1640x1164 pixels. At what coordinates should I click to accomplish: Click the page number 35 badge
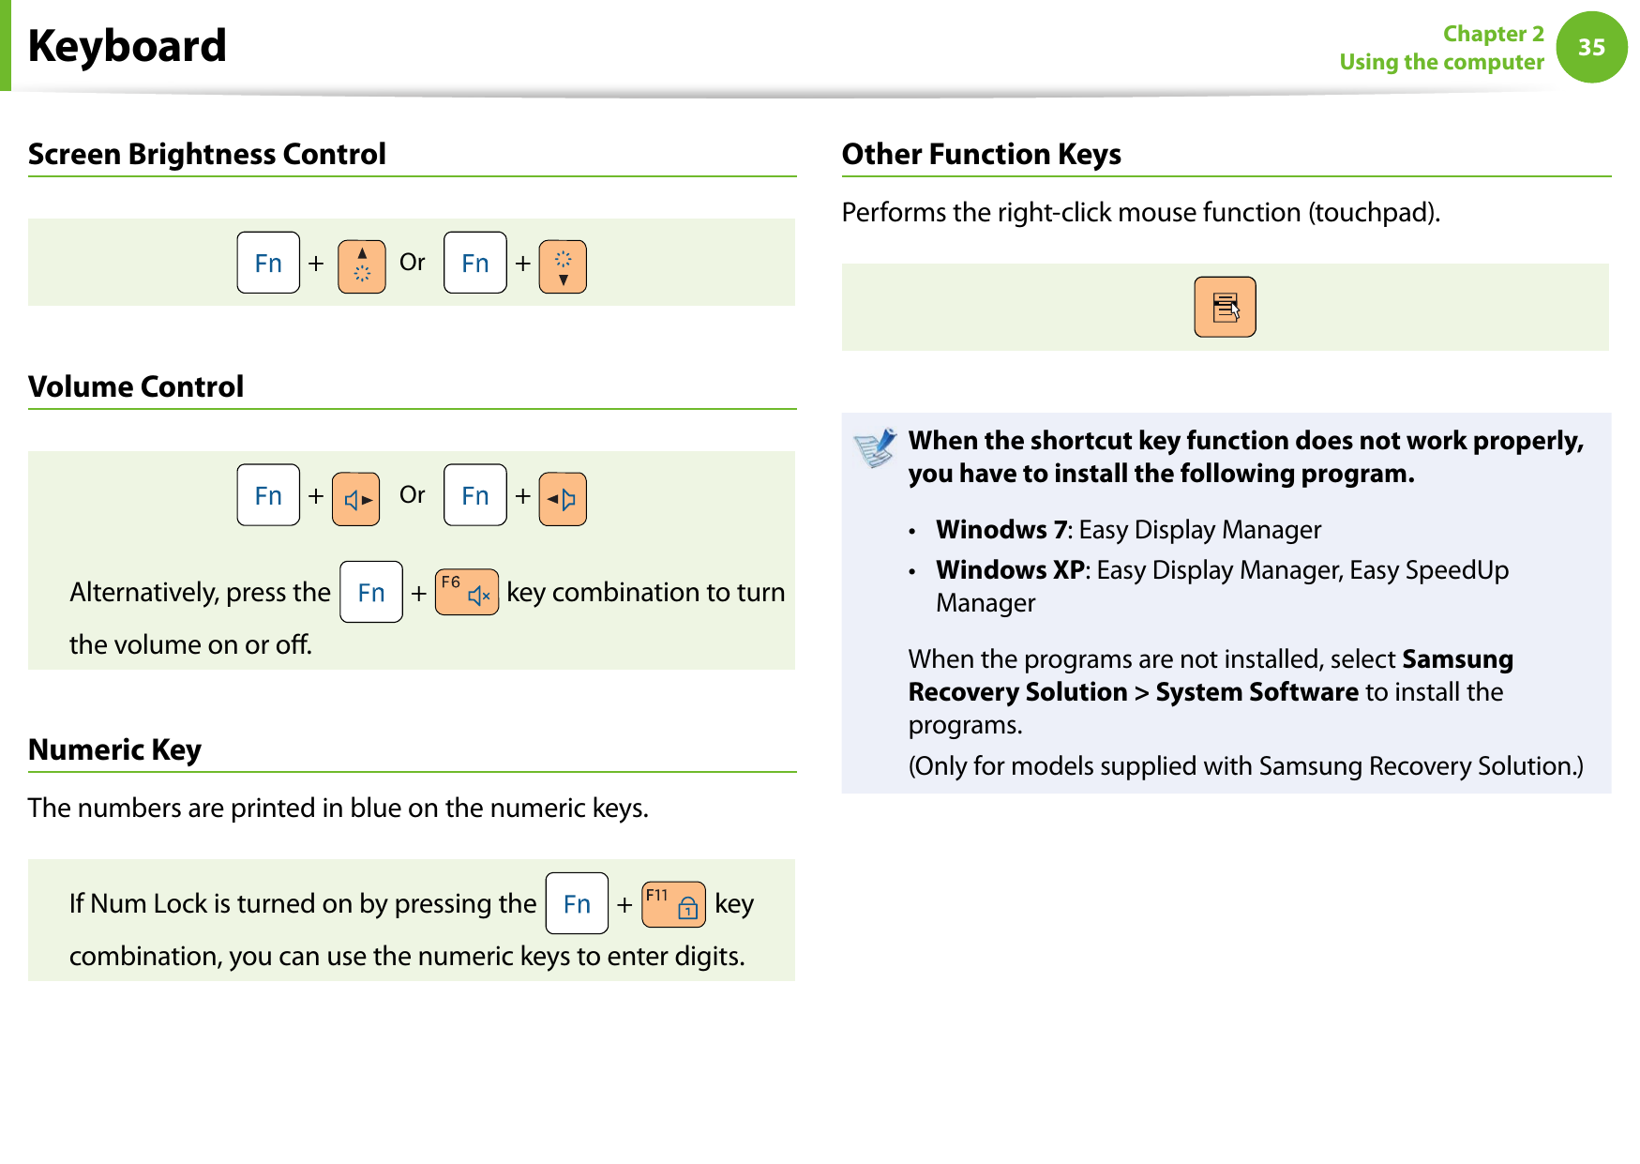click(x=1591, y=47)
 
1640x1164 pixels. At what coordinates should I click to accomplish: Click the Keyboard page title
click(x=128, y=46)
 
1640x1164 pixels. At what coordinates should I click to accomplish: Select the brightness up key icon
click(x=362, y=265)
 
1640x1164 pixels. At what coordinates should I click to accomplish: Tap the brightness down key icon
click(x=563, y=265)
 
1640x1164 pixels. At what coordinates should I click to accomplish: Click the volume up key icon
click(x=356, y=499)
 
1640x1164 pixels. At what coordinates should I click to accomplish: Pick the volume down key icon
click(x=563, y=499)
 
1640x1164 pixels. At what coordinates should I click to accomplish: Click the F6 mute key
click(x=466, y=592)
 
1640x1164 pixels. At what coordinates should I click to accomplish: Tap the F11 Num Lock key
click(x=673, y=904)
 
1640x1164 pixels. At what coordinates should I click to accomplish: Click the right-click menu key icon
click(x=1225, y=307)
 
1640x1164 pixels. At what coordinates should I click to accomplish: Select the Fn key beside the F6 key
click(x=371, y=592)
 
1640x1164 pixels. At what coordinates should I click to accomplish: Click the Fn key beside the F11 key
click(x=577, y=904)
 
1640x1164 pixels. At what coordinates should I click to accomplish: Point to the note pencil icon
click(x=876, y=448)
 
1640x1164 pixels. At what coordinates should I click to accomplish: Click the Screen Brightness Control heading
click(x=207, y=154)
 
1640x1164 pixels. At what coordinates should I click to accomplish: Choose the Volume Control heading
click(x=136, y=386)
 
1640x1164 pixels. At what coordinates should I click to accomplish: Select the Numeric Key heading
click(x=114, y=749)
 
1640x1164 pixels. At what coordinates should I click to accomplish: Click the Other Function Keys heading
click(x=981, y=154)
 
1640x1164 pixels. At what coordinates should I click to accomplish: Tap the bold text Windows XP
click(x=1010, y=570)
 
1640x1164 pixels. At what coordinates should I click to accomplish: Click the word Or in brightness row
click(x=413, y=263)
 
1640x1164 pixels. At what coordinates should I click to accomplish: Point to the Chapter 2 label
click(x=1493, y=34)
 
